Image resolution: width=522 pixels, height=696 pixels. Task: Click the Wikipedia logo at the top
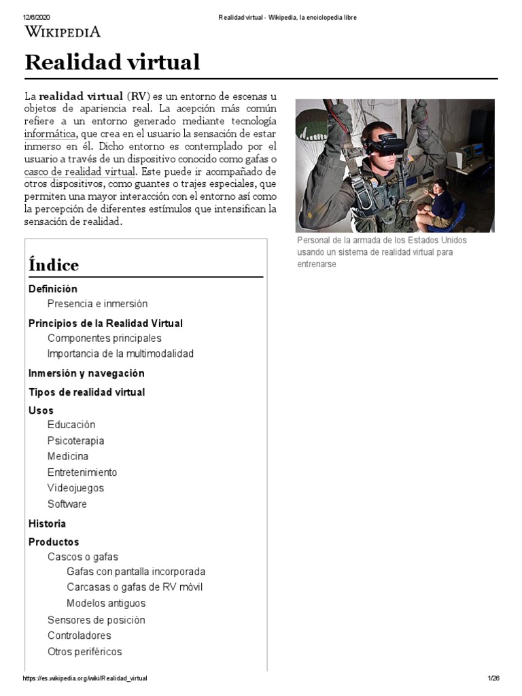[63, 31]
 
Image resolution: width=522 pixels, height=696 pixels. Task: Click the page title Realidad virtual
[112, 62]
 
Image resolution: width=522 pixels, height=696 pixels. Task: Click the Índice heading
[54, 265]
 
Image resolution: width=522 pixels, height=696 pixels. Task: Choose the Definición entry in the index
[53, 289]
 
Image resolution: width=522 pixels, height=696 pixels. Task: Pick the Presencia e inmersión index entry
[97, 304]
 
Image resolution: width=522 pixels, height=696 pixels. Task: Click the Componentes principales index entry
[104, 338]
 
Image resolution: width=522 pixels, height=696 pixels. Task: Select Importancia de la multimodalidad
[120, 353]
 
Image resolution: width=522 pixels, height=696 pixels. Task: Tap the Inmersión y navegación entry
[86, 373]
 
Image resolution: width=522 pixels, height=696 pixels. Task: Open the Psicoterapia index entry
[75, 440]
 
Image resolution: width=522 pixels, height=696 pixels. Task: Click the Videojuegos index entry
[75, 487]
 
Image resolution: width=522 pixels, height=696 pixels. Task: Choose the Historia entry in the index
[47, 523]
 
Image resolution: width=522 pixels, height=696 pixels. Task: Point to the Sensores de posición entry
[96, 620]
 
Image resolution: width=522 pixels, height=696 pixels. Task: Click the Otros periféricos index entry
[84, 651]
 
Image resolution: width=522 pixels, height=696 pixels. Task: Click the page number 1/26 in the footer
[493, 678]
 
